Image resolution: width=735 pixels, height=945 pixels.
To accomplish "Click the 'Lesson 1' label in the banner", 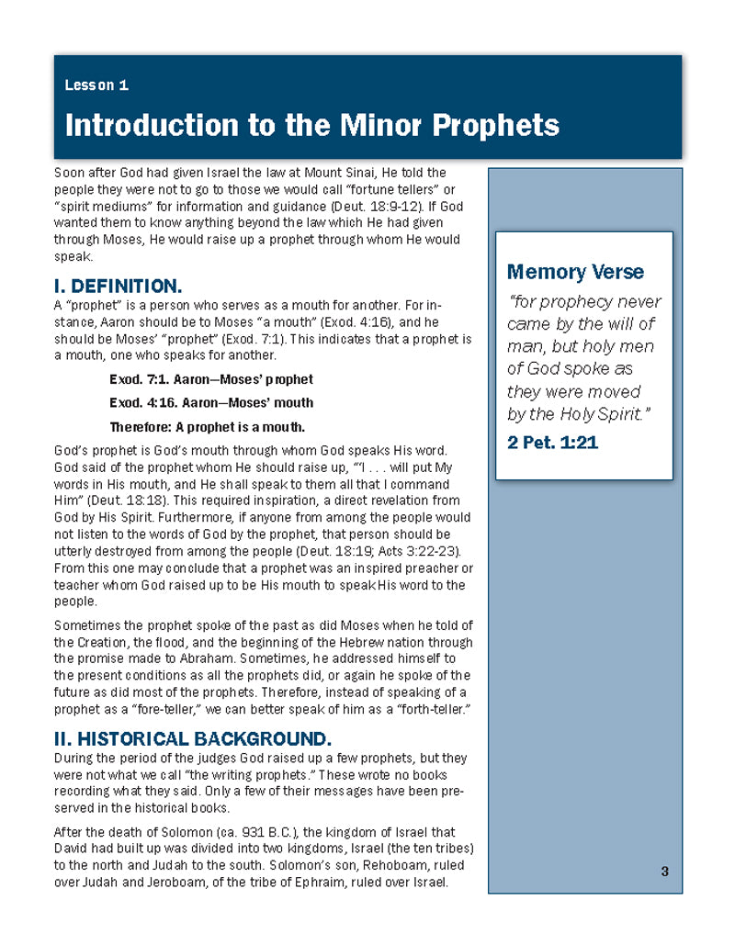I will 96,85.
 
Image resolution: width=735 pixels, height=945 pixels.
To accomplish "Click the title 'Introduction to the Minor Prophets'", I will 311,124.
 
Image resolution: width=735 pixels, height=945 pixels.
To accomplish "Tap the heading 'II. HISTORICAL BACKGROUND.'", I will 193,738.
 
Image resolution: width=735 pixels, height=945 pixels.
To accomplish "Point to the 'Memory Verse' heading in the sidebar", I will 575,272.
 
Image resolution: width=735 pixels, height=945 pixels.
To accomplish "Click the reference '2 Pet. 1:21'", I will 552,442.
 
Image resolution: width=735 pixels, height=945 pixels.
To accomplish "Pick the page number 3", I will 664,871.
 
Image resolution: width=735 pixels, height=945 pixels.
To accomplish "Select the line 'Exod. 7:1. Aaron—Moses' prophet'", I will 210,379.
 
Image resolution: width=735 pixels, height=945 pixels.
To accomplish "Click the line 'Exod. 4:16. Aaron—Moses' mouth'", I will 210,402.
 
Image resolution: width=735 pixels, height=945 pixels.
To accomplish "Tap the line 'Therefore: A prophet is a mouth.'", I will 207,426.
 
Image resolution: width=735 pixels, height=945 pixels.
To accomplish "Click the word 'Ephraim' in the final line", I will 303,882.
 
